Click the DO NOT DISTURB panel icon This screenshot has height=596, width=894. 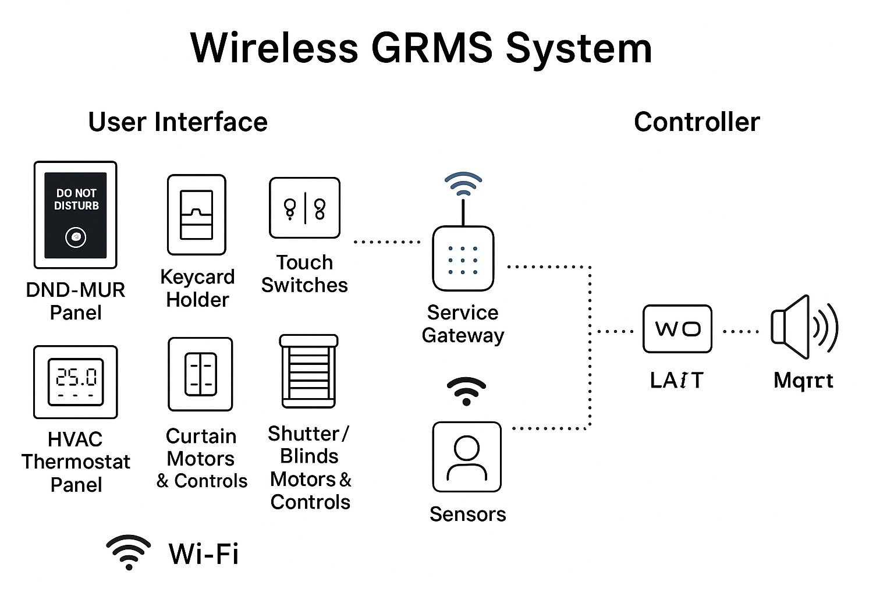(x=76, y=214)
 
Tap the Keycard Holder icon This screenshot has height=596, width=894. (x=197, y=215)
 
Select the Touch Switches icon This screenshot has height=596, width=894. (x=304, y=208)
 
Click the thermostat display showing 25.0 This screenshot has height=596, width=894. (x=76, y=382)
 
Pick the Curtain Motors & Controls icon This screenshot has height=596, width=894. (x=200, y=374)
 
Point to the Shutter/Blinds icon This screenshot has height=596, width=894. (x=308, y=371)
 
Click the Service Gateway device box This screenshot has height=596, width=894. (x=463, y=258)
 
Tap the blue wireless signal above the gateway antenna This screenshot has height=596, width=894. (x=463, y=183)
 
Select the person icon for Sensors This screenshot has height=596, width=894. (x=467, y=457)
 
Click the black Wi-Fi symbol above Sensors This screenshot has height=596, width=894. (x=466, y=391)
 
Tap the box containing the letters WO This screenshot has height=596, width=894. (x=677, y=329)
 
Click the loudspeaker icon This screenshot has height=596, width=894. (x=804, y=327)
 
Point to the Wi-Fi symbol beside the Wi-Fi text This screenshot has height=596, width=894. (x=129, y=552)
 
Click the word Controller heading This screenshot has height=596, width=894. (x=697, y=122)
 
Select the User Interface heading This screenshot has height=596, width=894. (x=178, y=122)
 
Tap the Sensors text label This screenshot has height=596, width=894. (x=467, y=514)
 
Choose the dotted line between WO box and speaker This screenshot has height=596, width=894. (x=740, y=332)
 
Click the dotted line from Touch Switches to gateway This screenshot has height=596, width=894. (x=386, y=242)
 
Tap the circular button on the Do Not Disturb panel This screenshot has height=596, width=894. (x=76, y=237)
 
